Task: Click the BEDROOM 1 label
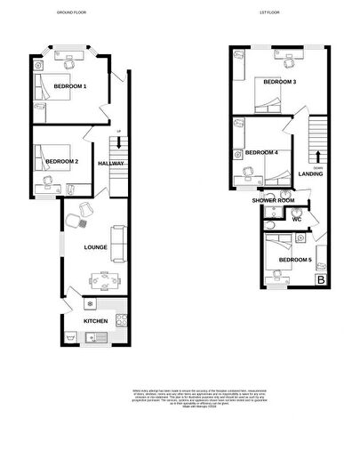coord(70,86)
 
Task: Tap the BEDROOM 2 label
coord(65,161)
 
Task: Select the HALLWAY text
coord(111,163)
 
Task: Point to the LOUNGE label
coord(95,247)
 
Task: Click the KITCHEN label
coord(95,320)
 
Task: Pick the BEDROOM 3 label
coord(279,82)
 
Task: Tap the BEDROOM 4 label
coord(261,152)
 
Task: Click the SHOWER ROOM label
coord(273,201)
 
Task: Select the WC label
coord(298,219)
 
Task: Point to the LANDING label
coord(310,173)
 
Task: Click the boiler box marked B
coord(321,280)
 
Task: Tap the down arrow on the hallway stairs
coord(118,149)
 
